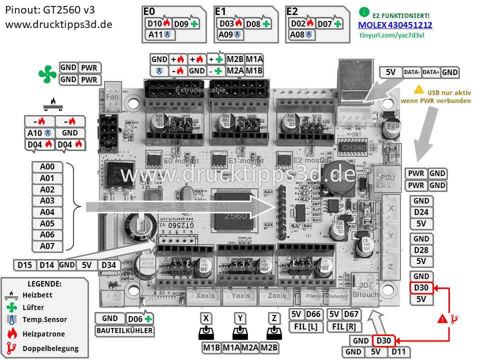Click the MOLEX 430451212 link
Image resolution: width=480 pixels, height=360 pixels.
395,25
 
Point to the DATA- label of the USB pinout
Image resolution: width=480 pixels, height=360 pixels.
411,72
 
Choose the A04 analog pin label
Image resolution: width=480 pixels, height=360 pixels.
47,212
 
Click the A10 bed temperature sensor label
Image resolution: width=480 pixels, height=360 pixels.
38,133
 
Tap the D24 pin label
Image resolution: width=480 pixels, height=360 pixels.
421,212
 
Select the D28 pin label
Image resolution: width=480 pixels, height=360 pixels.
421,250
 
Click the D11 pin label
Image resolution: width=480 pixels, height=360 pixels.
398,352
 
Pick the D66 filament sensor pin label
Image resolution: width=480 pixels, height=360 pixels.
313,314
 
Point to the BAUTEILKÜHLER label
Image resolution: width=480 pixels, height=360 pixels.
124,330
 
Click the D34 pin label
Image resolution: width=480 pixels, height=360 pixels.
108,264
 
